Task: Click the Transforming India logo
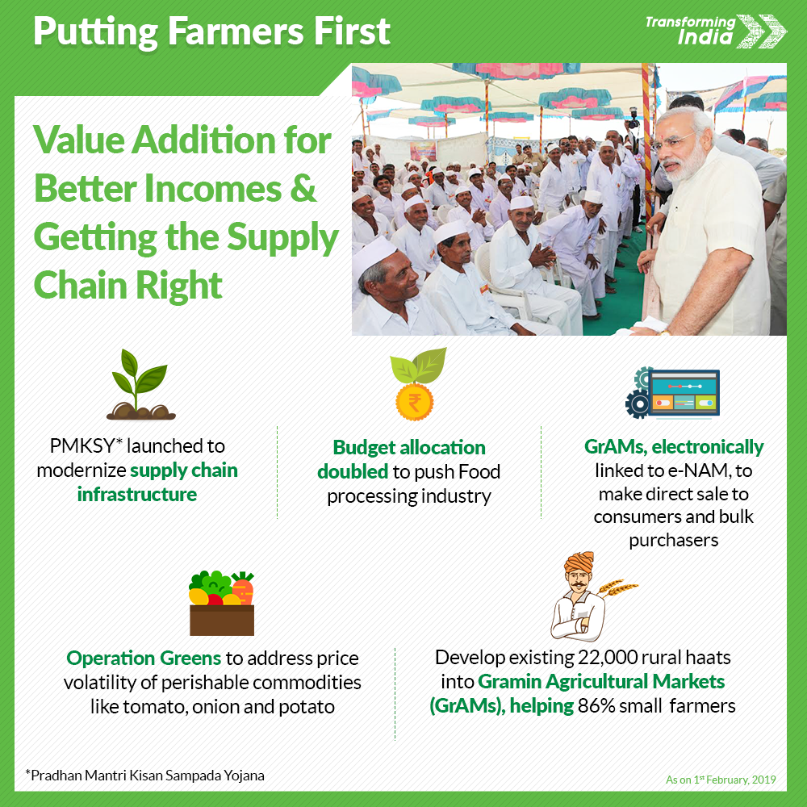click(715, 31)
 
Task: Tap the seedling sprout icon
click(140, 384)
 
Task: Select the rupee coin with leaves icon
click(417, 383)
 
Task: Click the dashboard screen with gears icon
click(672, 393)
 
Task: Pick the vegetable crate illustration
click(222, 603)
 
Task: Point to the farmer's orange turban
click(579, 562)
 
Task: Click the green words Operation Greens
click(144, 659)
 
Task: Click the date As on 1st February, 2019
click(721, 780)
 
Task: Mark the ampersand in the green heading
click(303, 188)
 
